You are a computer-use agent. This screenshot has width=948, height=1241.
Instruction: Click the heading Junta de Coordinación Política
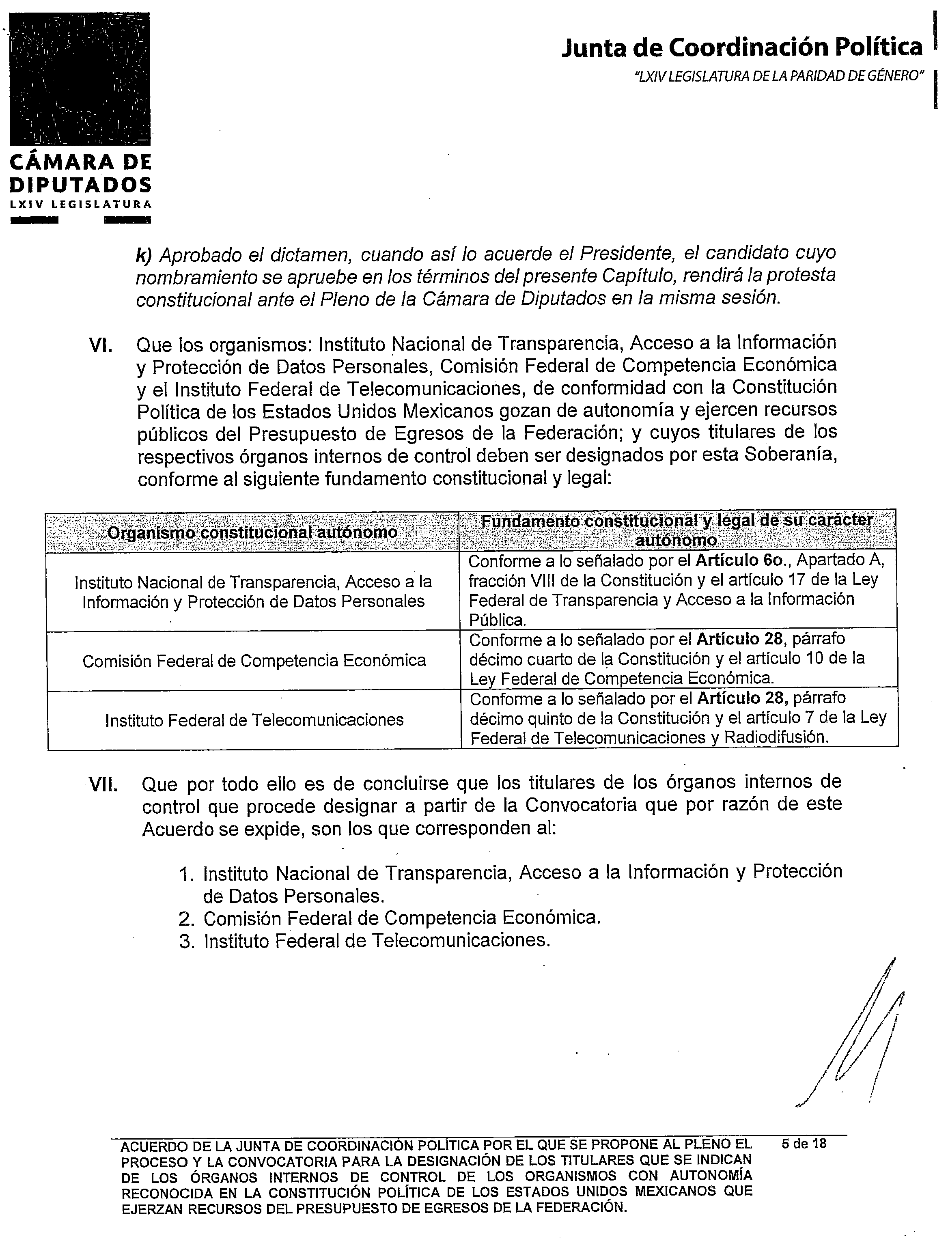[741, 48]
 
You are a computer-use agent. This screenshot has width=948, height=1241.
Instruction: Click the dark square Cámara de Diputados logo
[80, 79]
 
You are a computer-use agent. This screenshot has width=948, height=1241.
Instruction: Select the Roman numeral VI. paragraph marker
[101, 345]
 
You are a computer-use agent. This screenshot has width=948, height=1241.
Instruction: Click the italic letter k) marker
[145, 255]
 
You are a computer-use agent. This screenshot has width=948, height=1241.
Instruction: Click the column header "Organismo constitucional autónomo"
[252, 533]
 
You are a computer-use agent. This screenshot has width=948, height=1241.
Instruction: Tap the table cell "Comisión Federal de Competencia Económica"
[254, 661]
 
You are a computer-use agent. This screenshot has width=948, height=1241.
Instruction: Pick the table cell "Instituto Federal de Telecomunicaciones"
[254, 720]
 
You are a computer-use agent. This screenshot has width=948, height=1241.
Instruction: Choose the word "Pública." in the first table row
[497, 620]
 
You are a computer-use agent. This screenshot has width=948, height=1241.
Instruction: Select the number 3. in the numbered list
[186, 942]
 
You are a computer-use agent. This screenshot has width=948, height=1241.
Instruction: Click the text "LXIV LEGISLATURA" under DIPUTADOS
[80, 204]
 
